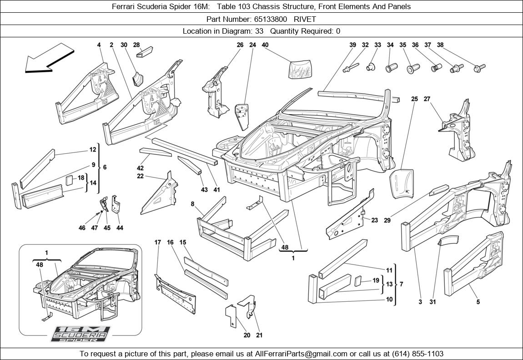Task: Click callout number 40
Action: [265, 45]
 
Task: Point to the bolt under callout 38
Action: [479, 68]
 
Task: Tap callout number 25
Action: [414, 99]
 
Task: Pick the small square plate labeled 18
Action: [69, 179]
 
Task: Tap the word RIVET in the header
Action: [305, 19]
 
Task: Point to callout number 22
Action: [140, 176]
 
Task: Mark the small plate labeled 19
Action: [358, 280]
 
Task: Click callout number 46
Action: [82, 228]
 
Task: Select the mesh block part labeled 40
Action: [300, 69]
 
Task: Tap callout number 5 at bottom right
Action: [478, 302]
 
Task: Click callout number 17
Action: [157, 243]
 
